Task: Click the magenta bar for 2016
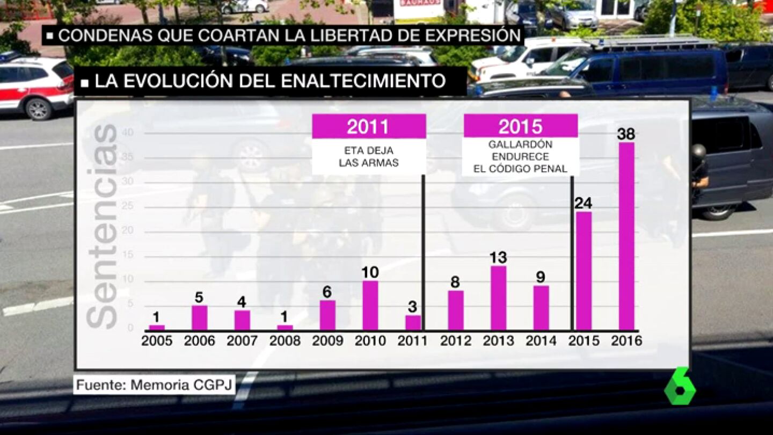626,236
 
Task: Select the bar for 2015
584,271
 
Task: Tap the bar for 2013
498,298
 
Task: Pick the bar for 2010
370,306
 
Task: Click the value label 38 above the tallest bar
626,134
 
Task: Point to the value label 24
583,204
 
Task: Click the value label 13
498,258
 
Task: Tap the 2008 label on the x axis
285,341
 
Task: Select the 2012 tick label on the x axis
456,341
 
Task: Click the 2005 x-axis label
157,341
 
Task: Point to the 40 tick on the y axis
128,133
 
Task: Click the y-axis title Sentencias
102,226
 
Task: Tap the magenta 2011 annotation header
369,126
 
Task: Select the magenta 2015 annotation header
521,126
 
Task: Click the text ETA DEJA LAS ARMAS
369,157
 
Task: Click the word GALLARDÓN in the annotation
520,144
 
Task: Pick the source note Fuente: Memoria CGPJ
154,385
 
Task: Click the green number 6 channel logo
680,386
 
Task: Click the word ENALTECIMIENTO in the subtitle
363,81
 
